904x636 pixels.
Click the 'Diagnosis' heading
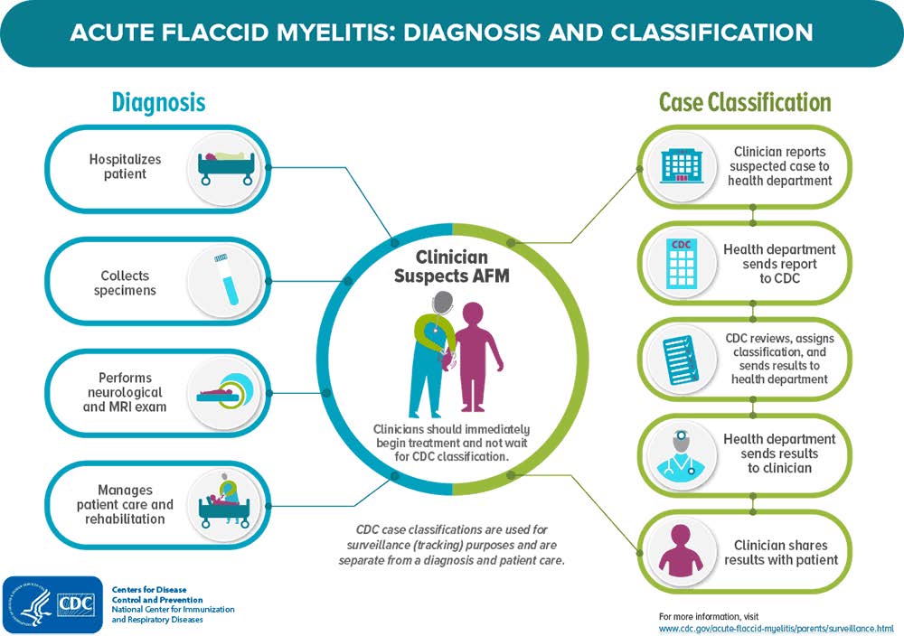tap(158, 102)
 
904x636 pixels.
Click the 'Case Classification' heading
tap(745, 102)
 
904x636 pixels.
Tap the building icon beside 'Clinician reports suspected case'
tap(682, 166)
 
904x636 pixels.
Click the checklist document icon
tap(682, 358)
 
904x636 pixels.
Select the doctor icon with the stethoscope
tap(682, 454)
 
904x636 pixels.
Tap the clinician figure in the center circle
tap(428, 352)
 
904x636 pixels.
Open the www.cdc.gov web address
tap(776, 628)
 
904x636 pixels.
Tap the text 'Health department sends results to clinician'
tap(779, 454)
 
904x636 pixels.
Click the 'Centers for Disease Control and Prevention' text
tap(157, 594)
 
